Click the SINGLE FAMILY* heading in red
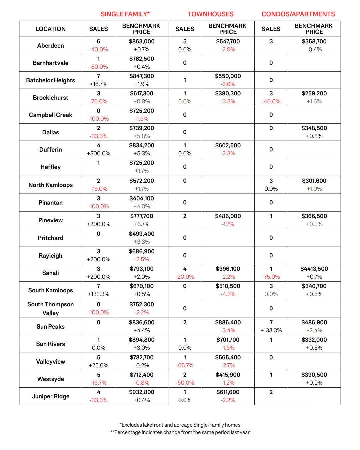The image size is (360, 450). coord(125,14)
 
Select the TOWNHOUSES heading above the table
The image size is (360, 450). coord(210,14)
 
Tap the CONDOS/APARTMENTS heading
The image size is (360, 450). coord(298,14)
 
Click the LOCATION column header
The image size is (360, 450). coord(50,29)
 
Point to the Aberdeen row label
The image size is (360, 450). coord(50,46)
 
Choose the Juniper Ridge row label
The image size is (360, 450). coord(50,396)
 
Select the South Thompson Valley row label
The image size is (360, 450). coord(50,308)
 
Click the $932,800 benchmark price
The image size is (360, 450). coord(142,392)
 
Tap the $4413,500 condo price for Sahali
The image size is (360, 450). coord(314,269)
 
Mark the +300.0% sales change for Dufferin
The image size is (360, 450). coord(98,153)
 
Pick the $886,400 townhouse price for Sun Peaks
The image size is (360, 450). coord(228,322)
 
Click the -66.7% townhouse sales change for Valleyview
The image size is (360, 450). coord(185,365)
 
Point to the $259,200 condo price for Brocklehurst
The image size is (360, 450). coord(314,93)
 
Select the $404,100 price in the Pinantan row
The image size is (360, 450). coord(142,198)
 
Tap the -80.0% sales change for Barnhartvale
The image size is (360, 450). coord(98,67)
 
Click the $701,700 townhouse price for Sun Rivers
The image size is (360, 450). coord(228,340)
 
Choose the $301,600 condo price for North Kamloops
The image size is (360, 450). coord(314,181)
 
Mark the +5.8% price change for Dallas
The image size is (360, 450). coord(142,136)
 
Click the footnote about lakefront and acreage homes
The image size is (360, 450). coord(180,425)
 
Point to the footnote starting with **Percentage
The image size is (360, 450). coord(180,432)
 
